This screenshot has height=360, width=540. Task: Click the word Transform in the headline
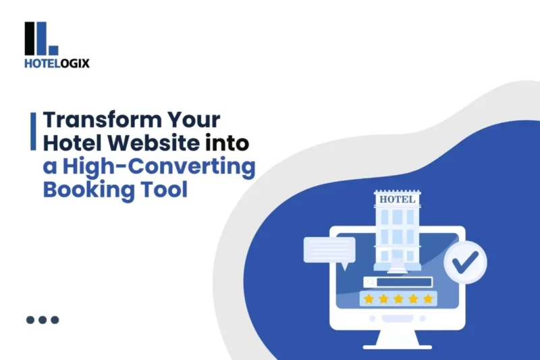pos(103,120)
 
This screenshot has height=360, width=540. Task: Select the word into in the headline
pos(227,143)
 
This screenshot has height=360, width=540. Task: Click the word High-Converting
pos(159,167)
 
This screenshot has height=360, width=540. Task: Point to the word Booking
pos(88,190)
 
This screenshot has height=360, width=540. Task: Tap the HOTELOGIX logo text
pos(57,63)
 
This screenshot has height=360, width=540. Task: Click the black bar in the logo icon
pos(30,38)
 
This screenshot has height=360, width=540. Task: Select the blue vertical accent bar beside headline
pos(33,131)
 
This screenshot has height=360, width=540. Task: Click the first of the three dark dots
pos(30,319)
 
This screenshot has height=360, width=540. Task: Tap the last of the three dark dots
pos(55,319)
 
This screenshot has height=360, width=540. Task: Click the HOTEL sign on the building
pos(397,199)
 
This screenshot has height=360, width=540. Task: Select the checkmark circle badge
pos(465,262)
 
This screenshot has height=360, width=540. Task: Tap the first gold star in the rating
pos(369,299)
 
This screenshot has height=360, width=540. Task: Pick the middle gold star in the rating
pos(398,299)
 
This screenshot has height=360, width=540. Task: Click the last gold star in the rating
pos(428,299)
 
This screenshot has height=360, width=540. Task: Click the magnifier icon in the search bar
pos(371,282)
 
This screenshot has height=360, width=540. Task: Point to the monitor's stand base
pos(397,347)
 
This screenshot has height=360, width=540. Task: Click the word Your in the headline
pos(194,120)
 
